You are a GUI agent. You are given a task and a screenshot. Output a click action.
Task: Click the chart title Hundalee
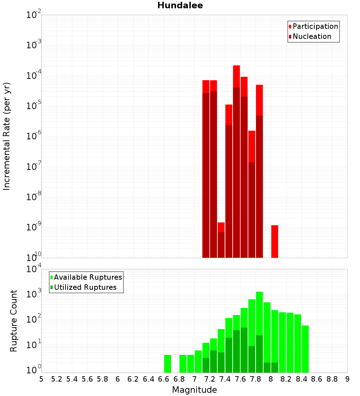[x=180, y=5]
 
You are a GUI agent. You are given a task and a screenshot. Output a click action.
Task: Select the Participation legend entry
[x=315, y=27]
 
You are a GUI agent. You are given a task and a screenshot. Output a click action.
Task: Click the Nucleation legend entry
[x=311, y=37]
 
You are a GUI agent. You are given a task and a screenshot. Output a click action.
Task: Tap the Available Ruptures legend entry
[x=87, y=278]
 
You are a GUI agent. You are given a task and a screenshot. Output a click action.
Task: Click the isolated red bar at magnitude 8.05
[x=275, y=241]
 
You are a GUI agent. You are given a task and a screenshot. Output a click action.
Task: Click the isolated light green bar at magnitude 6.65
[x=167, y=364]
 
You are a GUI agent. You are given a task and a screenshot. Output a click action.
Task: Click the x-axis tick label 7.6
[x=240, y=379]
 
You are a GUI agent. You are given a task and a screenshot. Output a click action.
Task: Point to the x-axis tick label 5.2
[x=57, y=379]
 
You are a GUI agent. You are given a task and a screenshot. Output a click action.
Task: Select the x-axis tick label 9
[x=347, y=379]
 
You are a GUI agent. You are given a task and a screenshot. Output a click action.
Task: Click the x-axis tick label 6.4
[x=148, y=379]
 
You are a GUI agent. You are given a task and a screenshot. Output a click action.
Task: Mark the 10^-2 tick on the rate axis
[x=34, y=15]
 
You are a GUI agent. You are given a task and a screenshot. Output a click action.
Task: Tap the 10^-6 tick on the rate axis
[x=34, y=136]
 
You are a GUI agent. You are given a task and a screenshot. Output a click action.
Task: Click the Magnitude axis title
[x=194, y=390]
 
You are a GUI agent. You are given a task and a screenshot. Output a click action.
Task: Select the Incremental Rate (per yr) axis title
[x=7, y=136]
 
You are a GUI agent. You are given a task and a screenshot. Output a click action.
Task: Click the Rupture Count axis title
[x=14, y=321]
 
